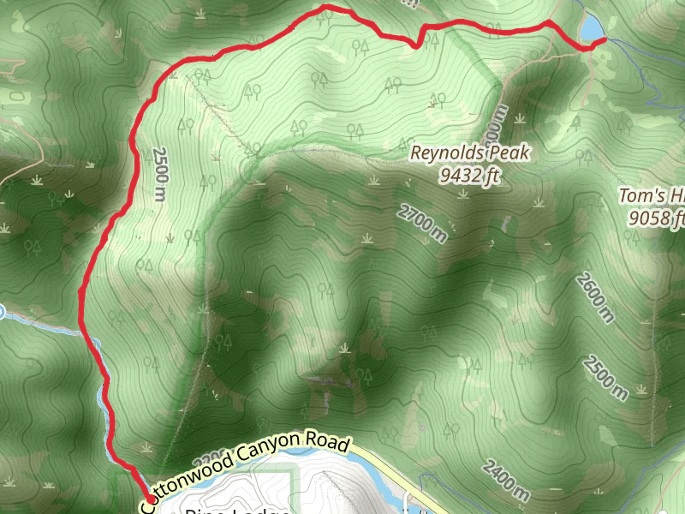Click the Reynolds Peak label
coord(471,154)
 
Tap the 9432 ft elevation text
coord(468,176)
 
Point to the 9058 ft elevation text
coord(658,219)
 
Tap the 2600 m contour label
coord(595,297)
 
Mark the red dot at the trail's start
coord(151,499)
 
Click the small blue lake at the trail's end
coord(591,28)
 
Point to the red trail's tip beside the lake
coord(605,39)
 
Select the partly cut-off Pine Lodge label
coord(231,511)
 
